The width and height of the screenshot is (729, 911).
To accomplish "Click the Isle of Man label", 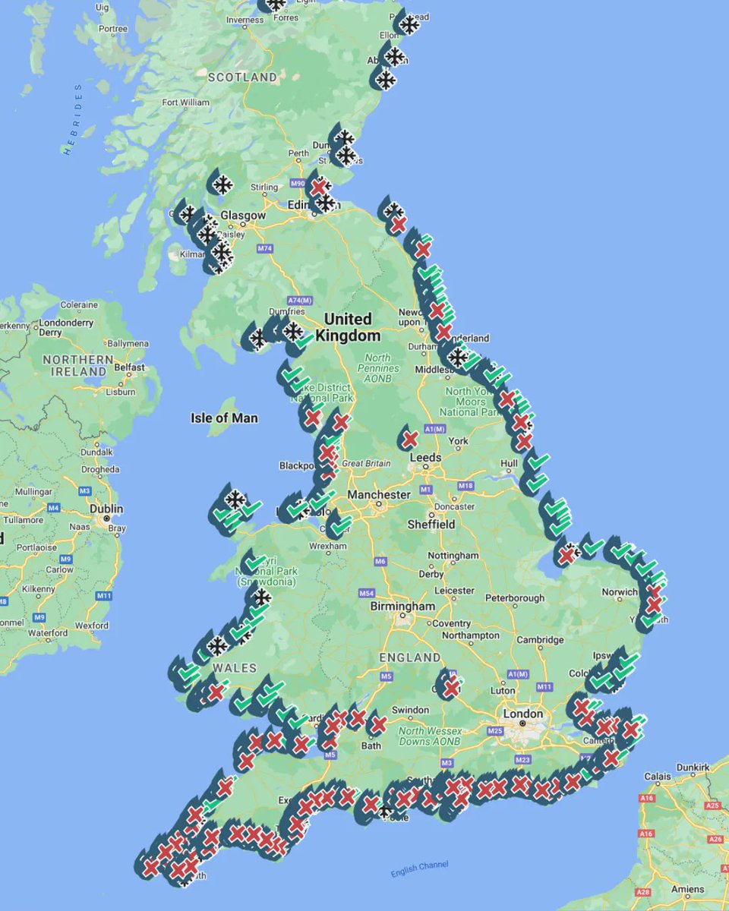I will (x=224, y=418).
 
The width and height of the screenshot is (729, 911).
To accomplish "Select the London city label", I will (x=523, y=714).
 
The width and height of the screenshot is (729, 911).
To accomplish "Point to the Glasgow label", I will (x=243, y=216).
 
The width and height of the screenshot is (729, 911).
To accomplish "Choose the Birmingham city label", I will (x=402, y=607).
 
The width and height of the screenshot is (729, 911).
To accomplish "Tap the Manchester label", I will (x=379, y=495).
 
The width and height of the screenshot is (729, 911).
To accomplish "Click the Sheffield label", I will (x=431, y=524).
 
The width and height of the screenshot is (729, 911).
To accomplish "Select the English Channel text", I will (x=420, y=868).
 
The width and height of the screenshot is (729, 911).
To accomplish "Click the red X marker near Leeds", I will (x=410, y=439).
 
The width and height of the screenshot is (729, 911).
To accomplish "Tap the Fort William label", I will (x=185, y=102).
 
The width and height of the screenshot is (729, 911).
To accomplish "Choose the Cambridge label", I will (x=540, y=640).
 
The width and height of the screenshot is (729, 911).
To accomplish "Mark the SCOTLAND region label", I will (x=243, y=77).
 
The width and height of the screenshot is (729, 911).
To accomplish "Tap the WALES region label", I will (x=230, y=667).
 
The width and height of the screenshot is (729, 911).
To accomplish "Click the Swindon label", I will (x=410, y=710).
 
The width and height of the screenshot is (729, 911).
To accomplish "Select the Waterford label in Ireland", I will (x=49, y=633).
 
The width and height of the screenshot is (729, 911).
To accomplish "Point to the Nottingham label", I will (x=453, y=555).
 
